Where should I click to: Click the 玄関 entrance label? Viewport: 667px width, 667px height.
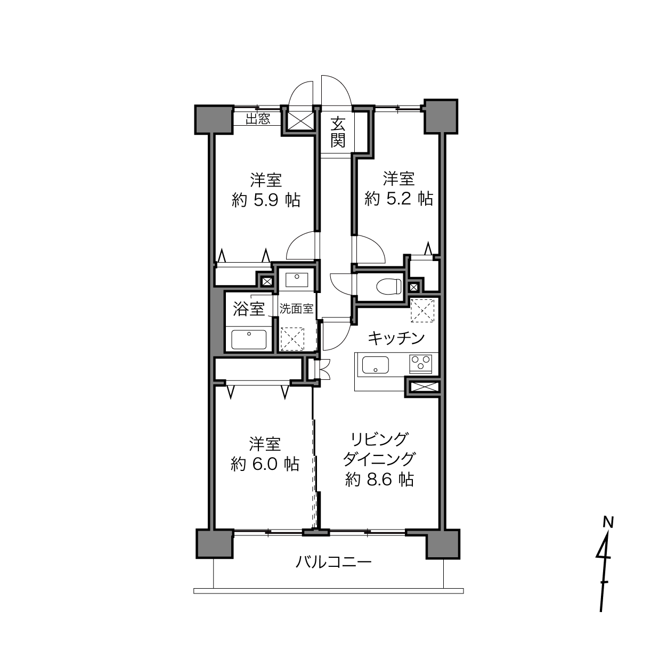tap(337, 133)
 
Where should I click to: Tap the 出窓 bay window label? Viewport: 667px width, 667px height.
tap(258, 119)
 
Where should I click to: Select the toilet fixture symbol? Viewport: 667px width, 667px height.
tap(389, 286)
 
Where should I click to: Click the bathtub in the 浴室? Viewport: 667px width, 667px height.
tap(249, 339)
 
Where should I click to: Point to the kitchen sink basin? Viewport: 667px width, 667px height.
tap(375, 365)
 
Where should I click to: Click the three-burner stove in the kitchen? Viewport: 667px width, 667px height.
tap(420, 364)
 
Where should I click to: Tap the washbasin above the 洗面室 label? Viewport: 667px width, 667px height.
tap(297, 280)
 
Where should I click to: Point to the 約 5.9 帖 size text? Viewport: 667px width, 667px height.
tap(266, 200)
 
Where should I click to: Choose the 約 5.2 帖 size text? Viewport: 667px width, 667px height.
tap(398, 199)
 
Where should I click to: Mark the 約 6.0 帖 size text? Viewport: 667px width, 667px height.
tap(265, 464)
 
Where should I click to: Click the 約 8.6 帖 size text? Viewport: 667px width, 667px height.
tap(379, 480)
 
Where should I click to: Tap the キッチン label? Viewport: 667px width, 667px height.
tap(396, 338)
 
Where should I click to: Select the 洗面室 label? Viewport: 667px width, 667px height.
tap(296, 308)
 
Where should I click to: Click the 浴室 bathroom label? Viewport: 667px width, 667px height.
tap(249, 308)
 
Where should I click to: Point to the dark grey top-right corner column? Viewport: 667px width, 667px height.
tap(441, 116)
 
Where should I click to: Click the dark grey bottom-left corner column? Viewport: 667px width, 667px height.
tap(215, 543)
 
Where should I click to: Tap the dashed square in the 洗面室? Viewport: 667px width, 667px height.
tap(292, 339)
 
